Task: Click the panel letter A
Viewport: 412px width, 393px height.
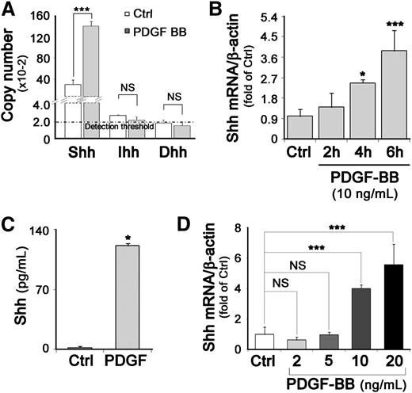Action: (x=10, y=10)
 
